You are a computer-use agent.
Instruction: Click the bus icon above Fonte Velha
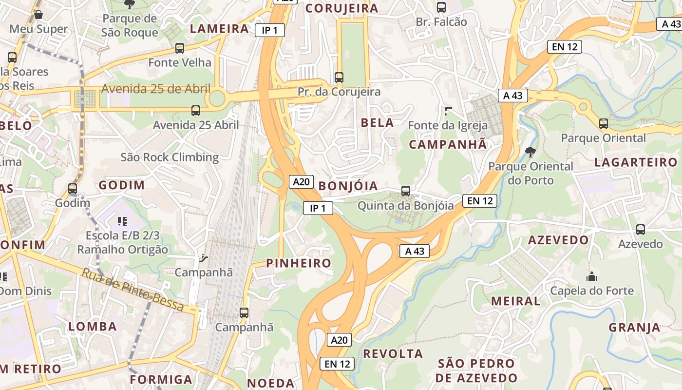(180, 48)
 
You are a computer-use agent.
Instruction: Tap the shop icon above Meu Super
(38, 15)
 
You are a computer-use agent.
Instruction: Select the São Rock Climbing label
(170, 157)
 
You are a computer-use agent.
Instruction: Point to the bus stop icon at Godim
(73, 189)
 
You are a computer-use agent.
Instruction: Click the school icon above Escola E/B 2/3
(122, 221)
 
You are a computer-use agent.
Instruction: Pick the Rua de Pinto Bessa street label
(133, 290)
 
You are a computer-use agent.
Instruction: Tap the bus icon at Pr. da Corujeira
(339, 77)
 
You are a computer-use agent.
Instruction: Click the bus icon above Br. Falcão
(441, 7)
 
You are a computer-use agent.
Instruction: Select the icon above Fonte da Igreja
(448, 111)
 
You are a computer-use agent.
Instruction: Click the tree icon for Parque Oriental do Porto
(530, 152)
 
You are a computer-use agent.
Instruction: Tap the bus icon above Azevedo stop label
(641, 230)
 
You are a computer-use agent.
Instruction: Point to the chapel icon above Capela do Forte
(592, 276)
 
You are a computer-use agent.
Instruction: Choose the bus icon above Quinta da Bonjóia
(405, 191)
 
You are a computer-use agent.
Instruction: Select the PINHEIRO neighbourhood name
(298, 263)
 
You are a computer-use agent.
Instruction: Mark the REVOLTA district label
(393, 353)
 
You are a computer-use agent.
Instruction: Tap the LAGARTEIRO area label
(636, 162)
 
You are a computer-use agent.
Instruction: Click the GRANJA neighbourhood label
(634, 327)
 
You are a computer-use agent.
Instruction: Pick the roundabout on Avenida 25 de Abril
(217, 98)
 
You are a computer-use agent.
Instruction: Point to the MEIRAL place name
(515, 301)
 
